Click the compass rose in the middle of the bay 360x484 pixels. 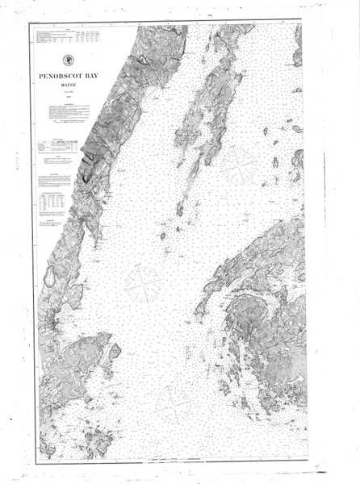click(142, 285)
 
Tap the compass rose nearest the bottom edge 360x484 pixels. click(172, 405)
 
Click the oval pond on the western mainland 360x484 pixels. click(49, 277)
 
